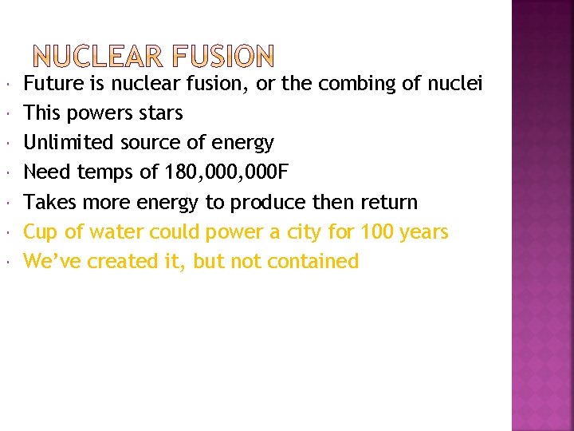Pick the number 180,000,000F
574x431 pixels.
click(x=220, y=172)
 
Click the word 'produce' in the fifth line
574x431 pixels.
click(x=268, y=202)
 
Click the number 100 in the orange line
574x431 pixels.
click(x=377, y=231)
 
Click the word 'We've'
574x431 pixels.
click(x=53, y=261)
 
